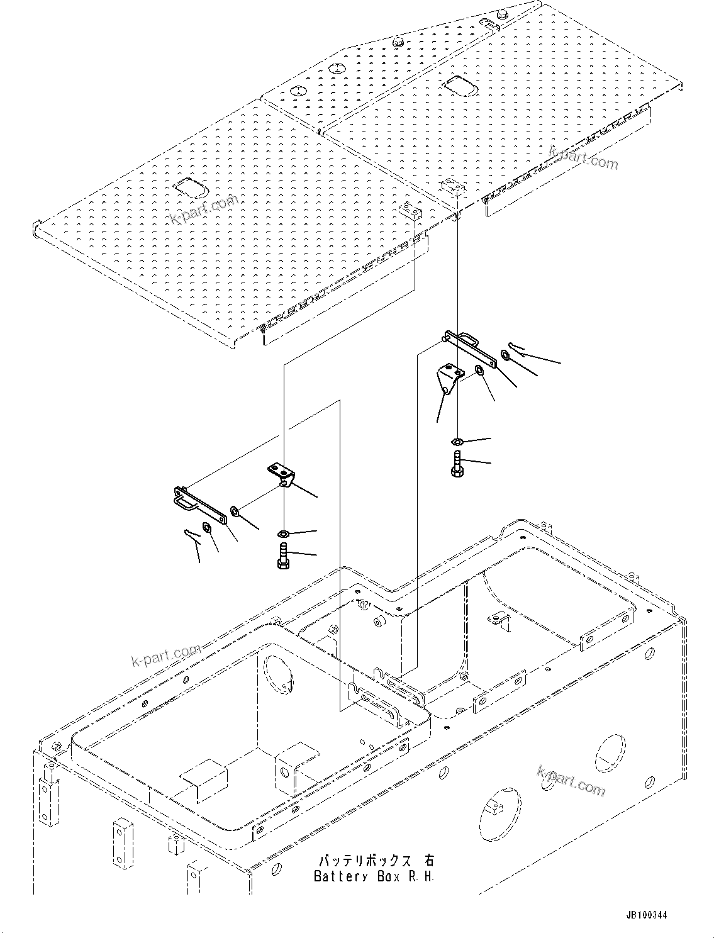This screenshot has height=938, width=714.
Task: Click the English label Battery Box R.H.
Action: click(374, 876)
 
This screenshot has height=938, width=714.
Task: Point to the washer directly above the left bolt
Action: click(283, 534)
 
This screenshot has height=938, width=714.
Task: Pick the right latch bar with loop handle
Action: click(471, 347)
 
